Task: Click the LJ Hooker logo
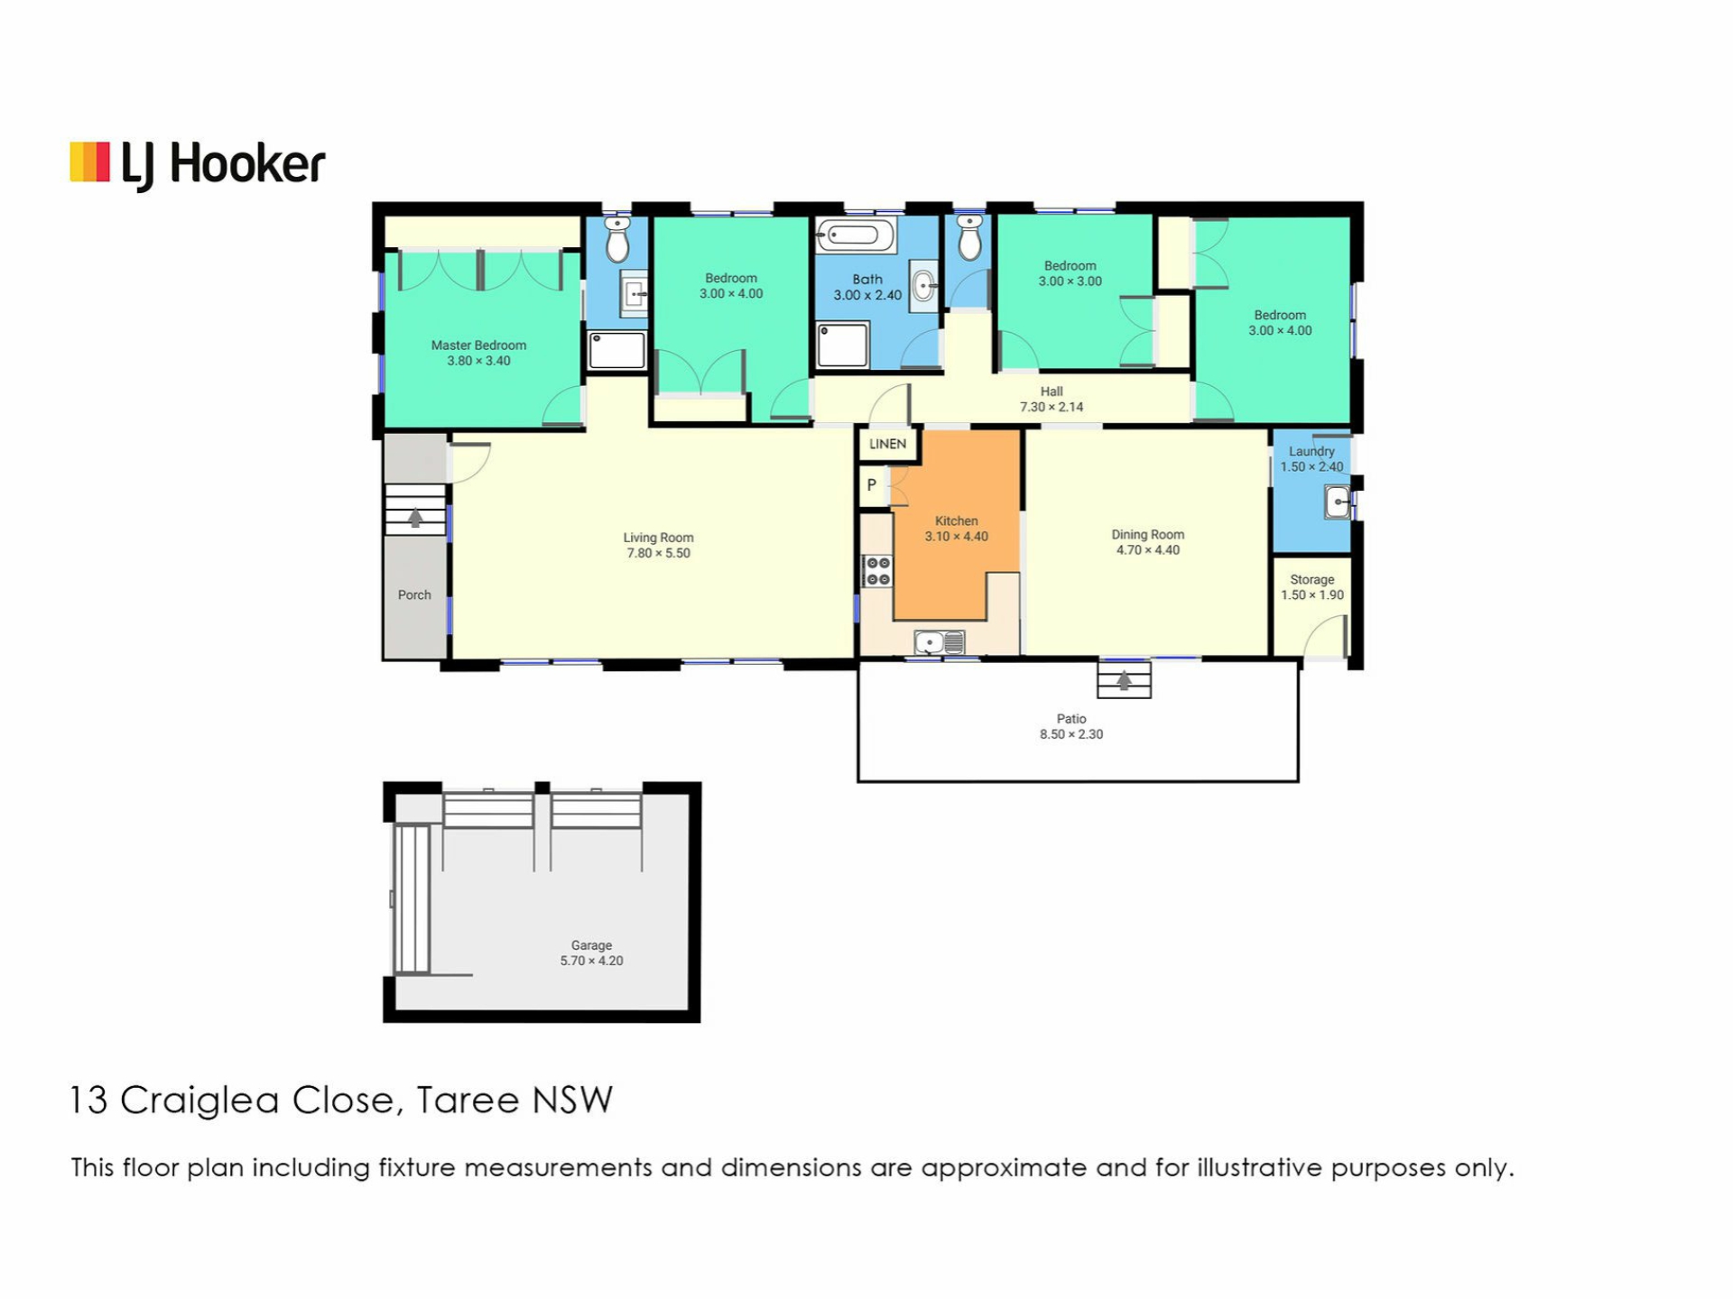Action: click(x=198, y=166)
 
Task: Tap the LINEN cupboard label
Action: click(x=887, y=444)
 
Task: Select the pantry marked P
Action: click(x=872, y=485)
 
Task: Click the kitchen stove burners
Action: click(x=877, y=571)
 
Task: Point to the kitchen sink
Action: click(x=940, y=642)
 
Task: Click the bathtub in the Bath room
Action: click(x=855, y=235)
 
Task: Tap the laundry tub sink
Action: click(x=1337, y=502)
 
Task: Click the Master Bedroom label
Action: click(x=478, y=345)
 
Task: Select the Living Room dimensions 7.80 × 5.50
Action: click(x=659, y=553)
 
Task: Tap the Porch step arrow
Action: click(x=415, y=518)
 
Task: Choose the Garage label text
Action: click(x=591, y=945)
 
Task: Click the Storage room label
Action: click(x=1311, y=580)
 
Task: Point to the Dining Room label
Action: click(x=1147, y=535)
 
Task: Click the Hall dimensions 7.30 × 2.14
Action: click(x=1052, y=407)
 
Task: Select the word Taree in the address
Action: click(x=468, y=1101)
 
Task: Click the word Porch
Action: click(x=414, y=595)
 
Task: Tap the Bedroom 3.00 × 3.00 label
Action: click(x=1070, y=273)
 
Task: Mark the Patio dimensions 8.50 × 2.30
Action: click(x=1071, y=734)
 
